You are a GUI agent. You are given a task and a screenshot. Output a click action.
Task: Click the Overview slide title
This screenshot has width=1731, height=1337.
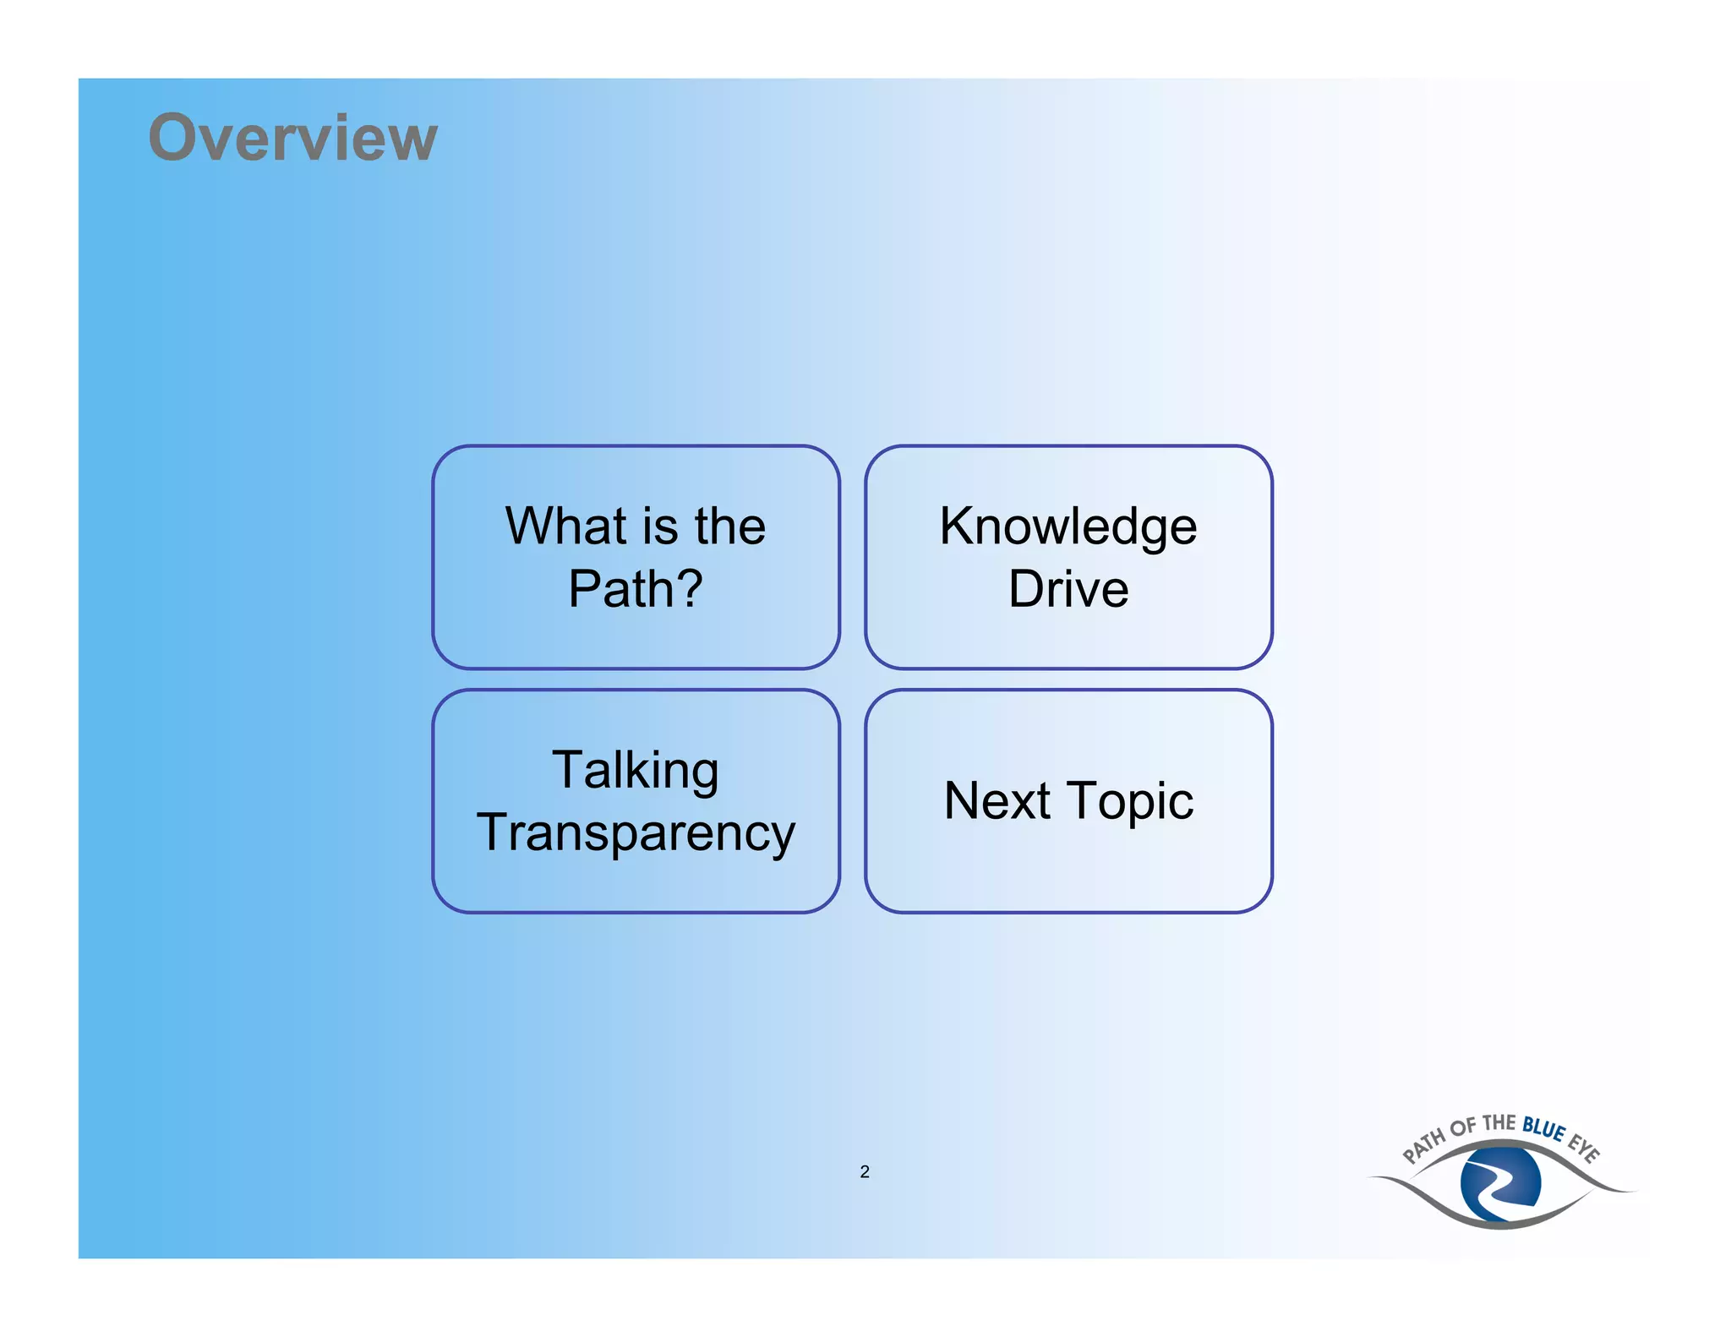292,137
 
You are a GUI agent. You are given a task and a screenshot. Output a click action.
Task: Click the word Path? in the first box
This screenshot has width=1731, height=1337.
635,588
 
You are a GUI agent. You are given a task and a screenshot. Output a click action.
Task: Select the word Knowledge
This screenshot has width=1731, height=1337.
1068,527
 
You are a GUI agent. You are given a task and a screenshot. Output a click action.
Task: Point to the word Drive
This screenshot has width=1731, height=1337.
1068,588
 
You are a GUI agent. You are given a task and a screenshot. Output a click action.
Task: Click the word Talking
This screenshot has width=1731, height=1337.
636,771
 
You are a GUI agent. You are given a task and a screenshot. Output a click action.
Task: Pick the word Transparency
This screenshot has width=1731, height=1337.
636,833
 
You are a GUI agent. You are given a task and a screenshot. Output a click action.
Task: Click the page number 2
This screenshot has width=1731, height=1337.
865,1171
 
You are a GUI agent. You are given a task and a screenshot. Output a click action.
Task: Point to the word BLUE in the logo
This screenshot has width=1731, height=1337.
1543,1128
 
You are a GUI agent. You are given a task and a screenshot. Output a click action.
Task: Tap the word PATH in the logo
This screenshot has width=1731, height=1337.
1424,1145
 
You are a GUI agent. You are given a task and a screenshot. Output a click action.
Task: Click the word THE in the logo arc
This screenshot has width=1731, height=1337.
1499,1123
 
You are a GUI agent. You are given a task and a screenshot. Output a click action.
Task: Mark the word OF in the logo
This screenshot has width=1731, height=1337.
1463,1127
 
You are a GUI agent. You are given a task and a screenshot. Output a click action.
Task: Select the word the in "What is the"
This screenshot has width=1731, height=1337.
730,526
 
